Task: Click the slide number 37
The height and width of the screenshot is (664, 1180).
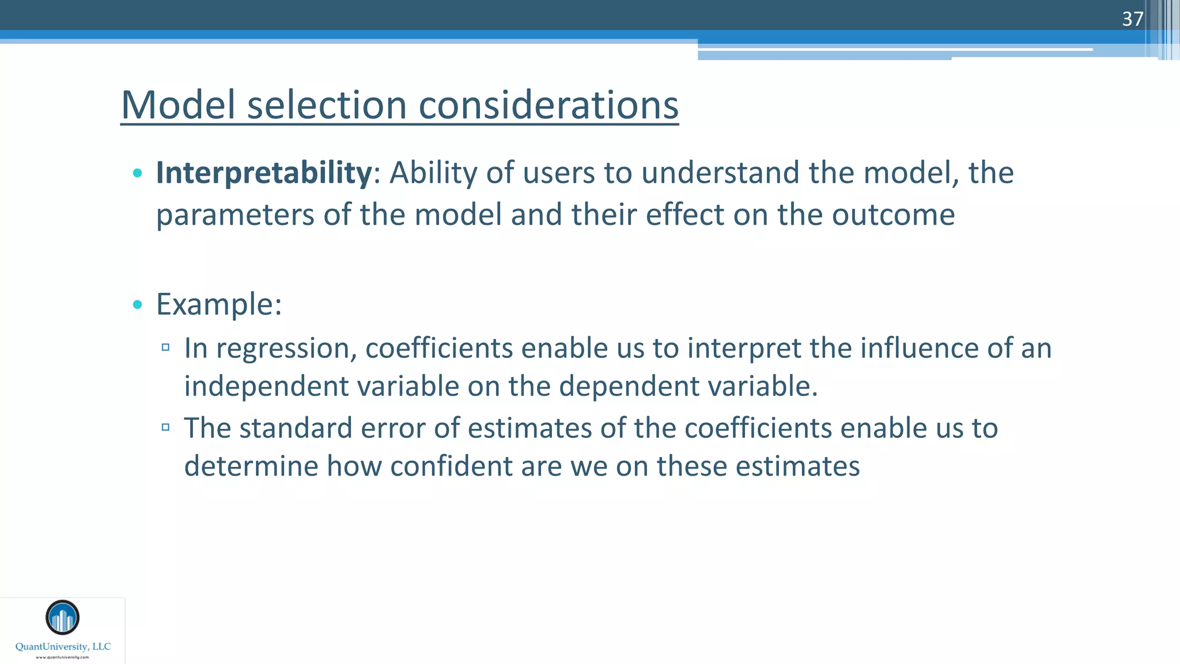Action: (x=1132, y=19)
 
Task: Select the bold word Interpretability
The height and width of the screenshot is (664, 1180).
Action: (x=264, y=172)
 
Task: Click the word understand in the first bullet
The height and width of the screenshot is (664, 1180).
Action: (x=720, y=172)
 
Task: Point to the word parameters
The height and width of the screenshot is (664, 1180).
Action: (x=235, y=214)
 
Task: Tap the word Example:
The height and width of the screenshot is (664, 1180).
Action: (x=219, y=304)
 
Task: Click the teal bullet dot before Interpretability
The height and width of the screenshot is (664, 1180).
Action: (x=137, y=172)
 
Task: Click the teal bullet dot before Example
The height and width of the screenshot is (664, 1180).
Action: (x=137, y=304)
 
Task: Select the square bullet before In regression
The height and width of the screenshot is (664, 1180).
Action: (x=165, y=347)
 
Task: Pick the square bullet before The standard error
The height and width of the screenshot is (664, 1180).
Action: (x=165, y=427)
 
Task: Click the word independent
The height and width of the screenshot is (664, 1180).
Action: (x=267, y=386)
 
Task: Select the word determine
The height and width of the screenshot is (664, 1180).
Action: (x=251, y=466)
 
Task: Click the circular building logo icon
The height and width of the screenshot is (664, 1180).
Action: (x=62, y=617)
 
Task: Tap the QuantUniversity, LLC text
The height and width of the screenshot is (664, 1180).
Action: (x=63, y=647)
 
